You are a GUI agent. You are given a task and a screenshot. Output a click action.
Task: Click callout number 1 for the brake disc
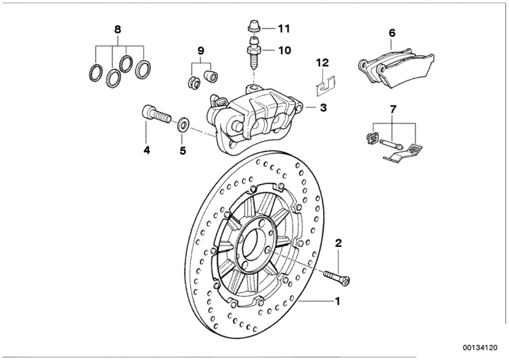coord(338,300)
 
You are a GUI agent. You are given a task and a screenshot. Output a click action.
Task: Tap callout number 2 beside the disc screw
coord(339,242)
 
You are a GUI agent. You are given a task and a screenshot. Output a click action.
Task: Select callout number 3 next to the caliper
coord(323,109)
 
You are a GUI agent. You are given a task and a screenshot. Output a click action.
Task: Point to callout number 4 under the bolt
coord(146,151)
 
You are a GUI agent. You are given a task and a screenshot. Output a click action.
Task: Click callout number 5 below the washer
coord(183,151)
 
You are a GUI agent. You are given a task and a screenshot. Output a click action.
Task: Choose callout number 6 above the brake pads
coord(392,32)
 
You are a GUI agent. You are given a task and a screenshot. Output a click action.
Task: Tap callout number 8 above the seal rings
coord(116,29)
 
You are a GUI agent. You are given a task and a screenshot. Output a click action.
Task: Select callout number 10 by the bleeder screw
coord(284,48)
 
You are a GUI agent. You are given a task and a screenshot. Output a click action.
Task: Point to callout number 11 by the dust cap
coord(284,28)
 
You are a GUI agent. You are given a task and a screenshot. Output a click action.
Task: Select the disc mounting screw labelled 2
coord(337,276)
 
